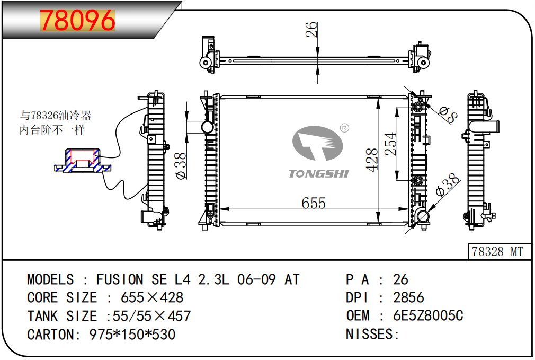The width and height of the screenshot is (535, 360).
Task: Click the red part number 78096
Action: [x=77, y=20]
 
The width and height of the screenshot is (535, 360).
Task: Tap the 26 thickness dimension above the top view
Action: [x=311, y=29]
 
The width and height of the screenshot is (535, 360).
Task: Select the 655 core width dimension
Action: [x=314, y=203]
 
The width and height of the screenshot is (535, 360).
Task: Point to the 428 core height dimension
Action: [x=372, y=160]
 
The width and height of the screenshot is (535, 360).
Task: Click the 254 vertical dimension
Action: [x=391, y=144]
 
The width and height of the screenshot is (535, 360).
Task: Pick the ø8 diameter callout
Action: [x=448, y=115]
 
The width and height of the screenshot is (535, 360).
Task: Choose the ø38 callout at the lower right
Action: [x=448, y=185]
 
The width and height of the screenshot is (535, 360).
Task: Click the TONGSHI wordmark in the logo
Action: [x=319, y=174]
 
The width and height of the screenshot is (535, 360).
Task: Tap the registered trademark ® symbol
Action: [x=345, y=128]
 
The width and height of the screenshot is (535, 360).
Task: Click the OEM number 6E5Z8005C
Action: [x=428, y=315]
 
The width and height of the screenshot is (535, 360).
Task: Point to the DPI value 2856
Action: [x=408, y=297]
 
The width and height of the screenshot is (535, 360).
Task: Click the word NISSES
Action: [x=370, y=334]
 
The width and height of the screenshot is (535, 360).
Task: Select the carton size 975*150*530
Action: [x=132, y=335]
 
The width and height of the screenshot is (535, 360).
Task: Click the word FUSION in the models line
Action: [x=120, y=279]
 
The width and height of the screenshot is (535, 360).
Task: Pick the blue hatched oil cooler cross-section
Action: [x=83, y=161]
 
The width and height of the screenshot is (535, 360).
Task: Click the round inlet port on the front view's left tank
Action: [x=207, y=127]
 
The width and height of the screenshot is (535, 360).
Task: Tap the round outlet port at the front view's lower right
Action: [x=422, y=216]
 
